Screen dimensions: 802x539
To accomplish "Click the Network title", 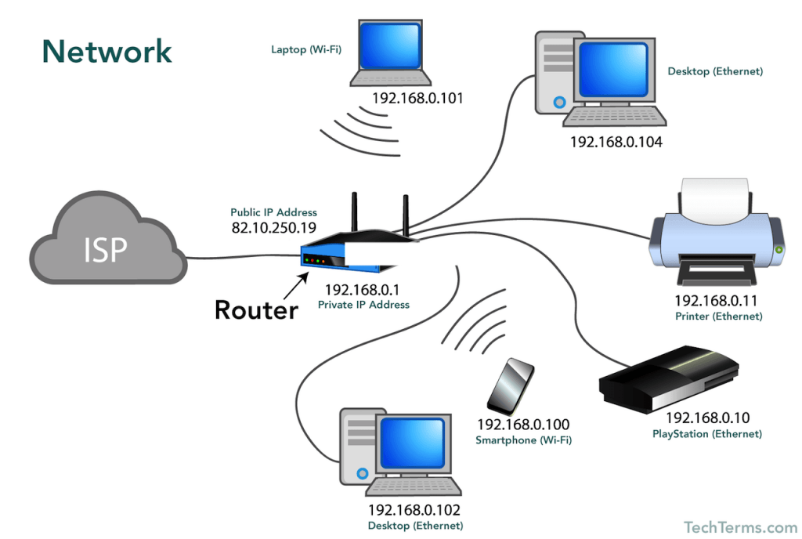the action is pos(107,52).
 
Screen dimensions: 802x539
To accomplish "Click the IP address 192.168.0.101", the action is pos(417,98).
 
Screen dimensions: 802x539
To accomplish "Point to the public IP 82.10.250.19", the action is pos(273,227).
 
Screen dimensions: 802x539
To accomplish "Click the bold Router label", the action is pos(256,310).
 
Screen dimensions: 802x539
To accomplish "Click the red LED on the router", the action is pos(307,260).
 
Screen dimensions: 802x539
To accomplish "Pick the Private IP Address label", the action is pos(363,305).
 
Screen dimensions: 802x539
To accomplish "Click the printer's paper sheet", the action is pos(715,201).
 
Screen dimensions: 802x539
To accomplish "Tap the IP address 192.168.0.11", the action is pos(716,301).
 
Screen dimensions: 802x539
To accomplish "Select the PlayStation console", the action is pos(669,379).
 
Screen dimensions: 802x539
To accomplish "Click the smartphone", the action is pos(511,386).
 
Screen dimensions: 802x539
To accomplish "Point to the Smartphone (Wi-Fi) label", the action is pos(524,440).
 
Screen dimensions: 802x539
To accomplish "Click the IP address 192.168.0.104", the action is pos(616,142).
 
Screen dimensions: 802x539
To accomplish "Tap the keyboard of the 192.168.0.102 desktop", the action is pos(414,487).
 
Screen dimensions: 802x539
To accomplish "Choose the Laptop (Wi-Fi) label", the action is pos(306,49).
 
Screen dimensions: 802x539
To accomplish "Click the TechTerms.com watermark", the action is pos(740,527).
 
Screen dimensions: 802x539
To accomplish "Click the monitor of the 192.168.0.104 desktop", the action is pos(614,71).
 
